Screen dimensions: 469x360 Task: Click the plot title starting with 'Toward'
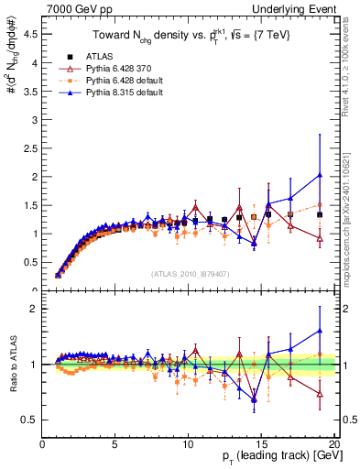click(189, 36)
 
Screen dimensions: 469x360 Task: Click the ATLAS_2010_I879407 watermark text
click(189, 273)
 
